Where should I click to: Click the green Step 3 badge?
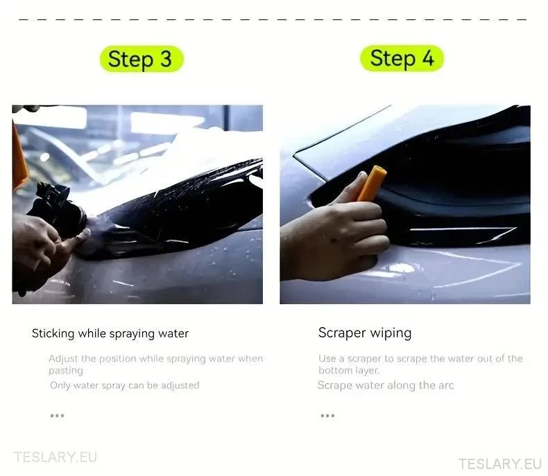point(142,59)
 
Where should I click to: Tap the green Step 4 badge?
point(402,58)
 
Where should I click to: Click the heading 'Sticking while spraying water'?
point(110,333)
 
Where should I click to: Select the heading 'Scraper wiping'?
point(365,333)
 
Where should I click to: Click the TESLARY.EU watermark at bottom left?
point(55,457)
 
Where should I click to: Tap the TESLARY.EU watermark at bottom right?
point(499,464)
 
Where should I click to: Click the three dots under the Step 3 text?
point(57,416)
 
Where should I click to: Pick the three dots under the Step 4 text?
point(327,416)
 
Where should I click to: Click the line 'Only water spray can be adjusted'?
point(125,385)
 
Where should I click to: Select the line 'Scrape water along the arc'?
point(386,385)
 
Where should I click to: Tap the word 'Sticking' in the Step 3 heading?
point(53,333)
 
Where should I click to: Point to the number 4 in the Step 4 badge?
point(428,58)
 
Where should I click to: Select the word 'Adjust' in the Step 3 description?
point(63,359)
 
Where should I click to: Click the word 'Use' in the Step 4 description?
point(327,359)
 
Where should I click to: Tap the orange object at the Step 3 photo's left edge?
point(19,156)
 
